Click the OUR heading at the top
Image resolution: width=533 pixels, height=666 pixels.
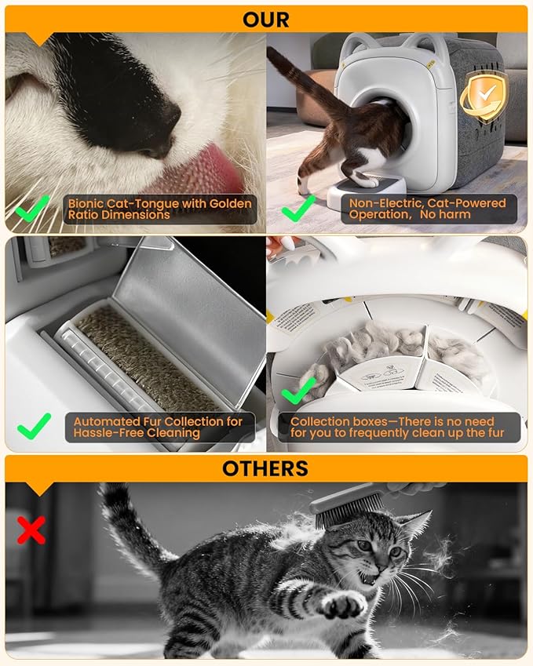266,19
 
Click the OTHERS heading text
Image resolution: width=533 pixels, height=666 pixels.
266,468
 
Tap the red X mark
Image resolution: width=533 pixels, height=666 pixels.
31,531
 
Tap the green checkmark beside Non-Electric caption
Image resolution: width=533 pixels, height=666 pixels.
298,209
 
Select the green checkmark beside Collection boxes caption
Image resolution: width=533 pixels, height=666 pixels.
298,388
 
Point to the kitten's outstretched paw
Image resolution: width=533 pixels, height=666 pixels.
343,604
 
